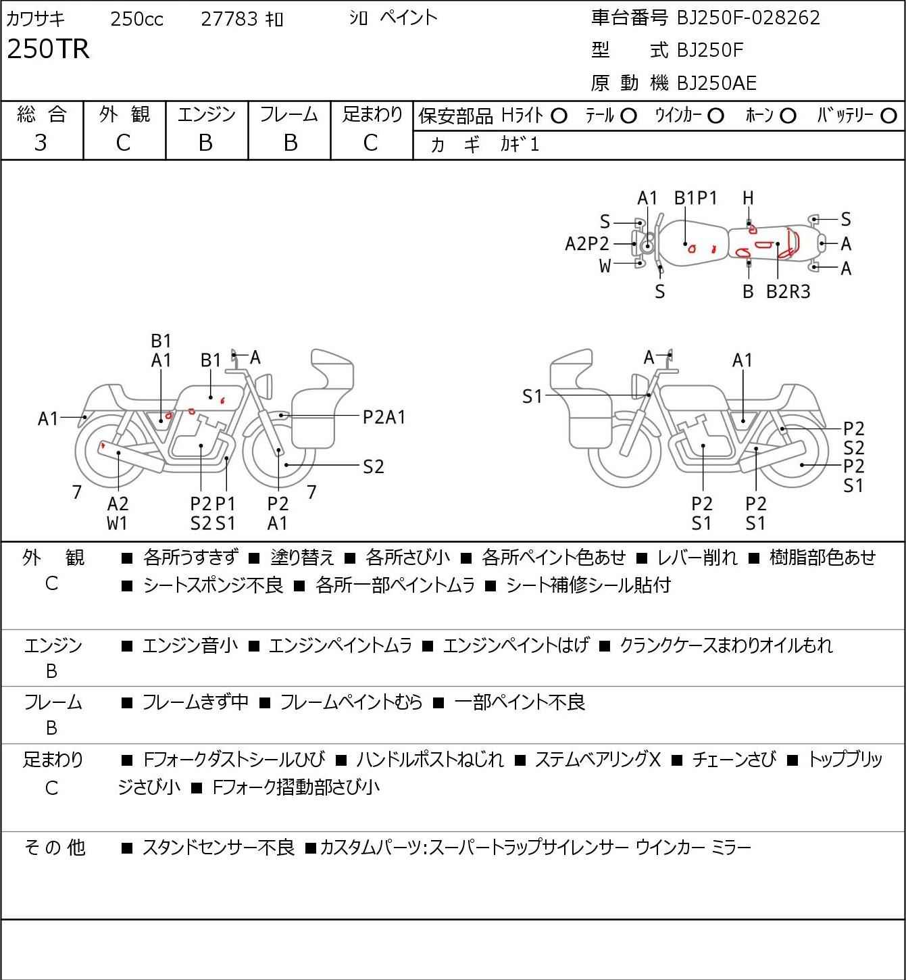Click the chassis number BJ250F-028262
click(749, 18)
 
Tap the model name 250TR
click(48, 49)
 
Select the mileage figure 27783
click(230, 19)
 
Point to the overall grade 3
click(41, 143)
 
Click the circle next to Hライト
click(559, 116)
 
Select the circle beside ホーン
click(788, 116)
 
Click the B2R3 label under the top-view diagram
click(788, 291)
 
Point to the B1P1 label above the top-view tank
click(696, 198)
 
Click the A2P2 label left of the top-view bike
click(587, 243)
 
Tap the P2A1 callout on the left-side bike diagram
click(384, 417)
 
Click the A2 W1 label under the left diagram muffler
click(118, 513)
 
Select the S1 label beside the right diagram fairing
click(532, 397)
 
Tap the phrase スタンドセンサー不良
click(218, 847)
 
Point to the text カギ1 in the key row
click(520, 145)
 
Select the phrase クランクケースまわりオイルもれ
click(726, 645)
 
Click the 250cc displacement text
click(136, 19)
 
